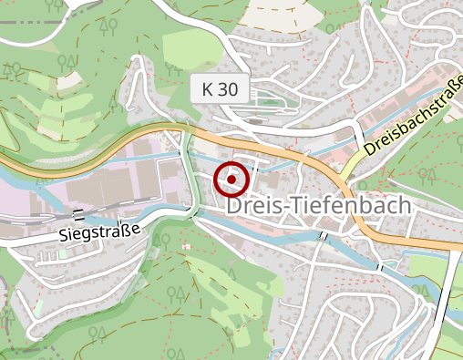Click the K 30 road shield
[x=221, y=89]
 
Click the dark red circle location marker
[x=231, y=180]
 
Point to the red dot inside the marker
[x=231, y=180]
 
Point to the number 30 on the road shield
[x=228, y=89]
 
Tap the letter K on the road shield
[x=209, y=89]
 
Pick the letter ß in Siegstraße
[x=128, y=228]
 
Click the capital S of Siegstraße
[x=65, y=237]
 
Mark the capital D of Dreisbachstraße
[x=370, y=149]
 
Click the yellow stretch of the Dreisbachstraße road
[x=352, y=166]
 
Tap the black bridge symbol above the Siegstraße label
[x=79, y=215]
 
